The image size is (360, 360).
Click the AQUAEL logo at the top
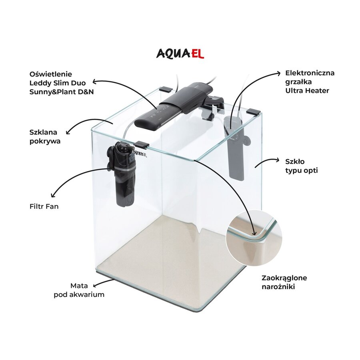(180, 54)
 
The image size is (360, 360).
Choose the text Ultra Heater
(307, 90)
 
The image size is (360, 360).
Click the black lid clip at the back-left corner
(166, 88)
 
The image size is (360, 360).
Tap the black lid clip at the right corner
(254, 112)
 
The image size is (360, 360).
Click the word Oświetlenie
(51, 74)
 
